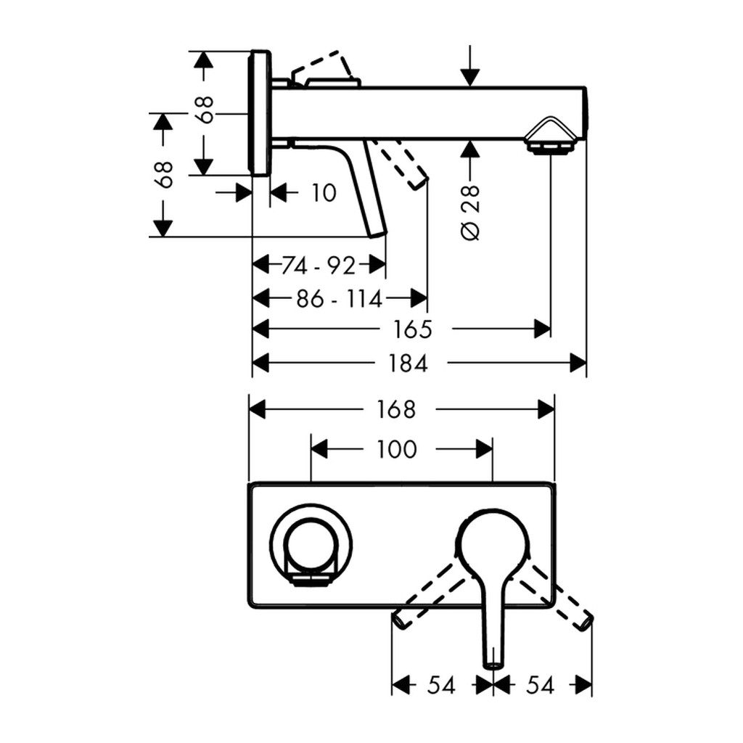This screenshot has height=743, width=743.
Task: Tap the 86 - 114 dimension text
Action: point(339,297)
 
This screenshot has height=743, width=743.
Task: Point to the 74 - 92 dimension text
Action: point(319,266)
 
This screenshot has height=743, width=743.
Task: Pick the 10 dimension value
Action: point(324,193)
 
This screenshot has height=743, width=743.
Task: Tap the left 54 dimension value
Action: point(440,685)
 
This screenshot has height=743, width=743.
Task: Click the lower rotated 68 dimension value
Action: point(165,174)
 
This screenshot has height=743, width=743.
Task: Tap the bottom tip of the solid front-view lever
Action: point(493,662)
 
